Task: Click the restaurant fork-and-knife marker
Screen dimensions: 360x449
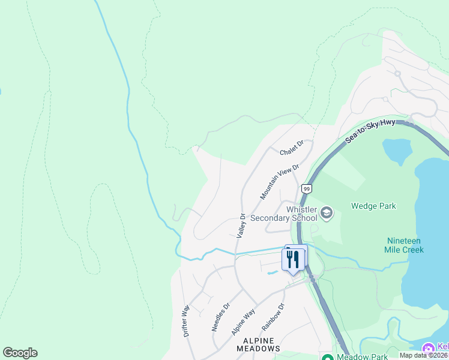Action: point(294,259)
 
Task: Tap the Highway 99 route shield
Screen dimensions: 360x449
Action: point(307,188)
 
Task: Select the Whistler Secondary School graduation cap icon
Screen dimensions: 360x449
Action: point(327,212)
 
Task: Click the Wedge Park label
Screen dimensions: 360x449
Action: point(375,206)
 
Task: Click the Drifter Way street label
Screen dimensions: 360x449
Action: point(186,320)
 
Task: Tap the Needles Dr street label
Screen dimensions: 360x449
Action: point(220,316)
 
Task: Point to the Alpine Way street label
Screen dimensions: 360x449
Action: point(244,322)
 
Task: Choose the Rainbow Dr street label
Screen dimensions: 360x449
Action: point(272,318)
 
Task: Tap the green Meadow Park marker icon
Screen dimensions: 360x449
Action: point(327,356)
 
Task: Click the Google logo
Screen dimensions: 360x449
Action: point(20,353)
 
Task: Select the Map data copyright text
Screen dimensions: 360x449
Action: point(424,355)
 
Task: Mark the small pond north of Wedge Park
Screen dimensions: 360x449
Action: point(396,151)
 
